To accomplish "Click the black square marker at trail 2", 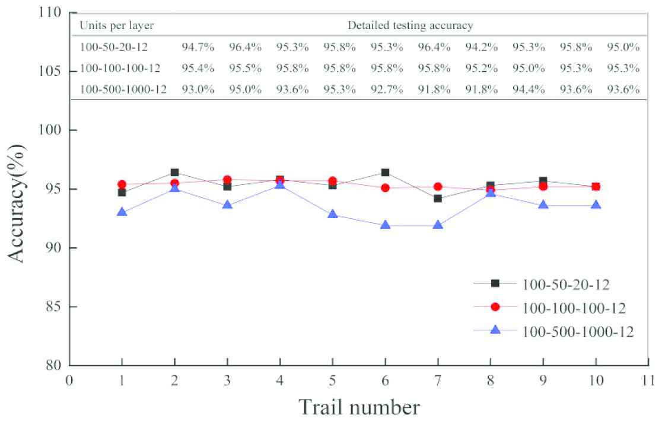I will click(174, 173).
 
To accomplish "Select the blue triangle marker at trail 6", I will click(385, 225).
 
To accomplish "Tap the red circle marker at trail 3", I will click(227, 180).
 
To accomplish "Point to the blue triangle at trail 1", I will click(122, 212).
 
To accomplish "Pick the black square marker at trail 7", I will click(438, 198).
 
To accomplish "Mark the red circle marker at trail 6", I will click(385, 188).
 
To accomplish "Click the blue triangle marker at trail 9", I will click(543, 205).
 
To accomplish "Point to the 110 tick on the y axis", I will click(52, 12).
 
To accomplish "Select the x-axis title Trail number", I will click(359, 406).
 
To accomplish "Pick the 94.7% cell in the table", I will click(195, 47).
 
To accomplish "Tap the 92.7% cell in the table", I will click(387, 90).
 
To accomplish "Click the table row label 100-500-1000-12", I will click(119, 90).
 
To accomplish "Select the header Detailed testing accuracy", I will click(410, 25).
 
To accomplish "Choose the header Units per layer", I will click(113, 25).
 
